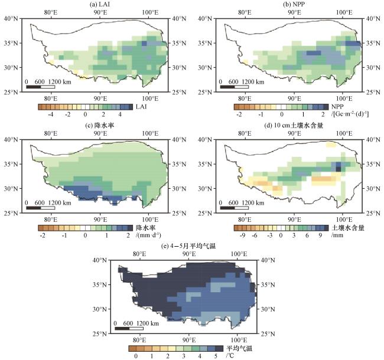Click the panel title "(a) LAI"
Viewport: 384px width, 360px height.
[x=99, y=4]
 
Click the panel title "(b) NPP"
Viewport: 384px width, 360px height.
[x=294, y=4]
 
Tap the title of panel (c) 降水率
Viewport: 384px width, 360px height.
[x=100, y=126]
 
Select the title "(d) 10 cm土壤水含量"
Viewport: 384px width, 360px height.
[x=294, y=126]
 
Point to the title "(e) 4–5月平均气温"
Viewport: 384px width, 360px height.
[x=188, y=246]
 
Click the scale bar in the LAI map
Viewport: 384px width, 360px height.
[x=40, y=87]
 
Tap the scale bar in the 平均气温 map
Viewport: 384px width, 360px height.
[x=129, y=329]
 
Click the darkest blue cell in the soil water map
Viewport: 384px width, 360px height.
[x=338, y=169]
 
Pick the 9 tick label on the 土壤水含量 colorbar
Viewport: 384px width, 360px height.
[x=320, y=235]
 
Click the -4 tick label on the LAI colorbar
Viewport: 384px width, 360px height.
[x=51, y=114]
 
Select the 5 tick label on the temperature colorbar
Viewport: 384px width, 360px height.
[x=216, y=356]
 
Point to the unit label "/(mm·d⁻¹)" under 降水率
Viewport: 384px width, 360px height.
[x=148, y=235]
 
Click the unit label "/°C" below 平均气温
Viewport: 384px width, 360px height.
[x=230, y=355]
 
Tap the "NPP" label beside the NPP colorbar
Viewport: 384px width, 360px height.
[x=337, y=107]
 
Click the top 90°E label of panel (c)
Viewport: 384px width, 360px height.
[x=100, y=133]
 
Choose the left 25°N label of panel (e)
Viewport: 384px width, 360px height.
[x=100, y=334]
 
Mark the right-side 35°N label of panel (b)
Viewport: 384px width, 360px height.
[x=373, y=43]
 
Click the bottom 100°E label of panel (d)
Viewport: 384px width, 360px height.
[x=344, y=220]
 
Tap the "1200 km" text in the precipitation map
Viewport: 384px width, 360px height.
[x=60, y=203]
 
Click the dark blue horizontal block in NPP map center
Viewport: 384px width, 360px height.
[x=314, y=53]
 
